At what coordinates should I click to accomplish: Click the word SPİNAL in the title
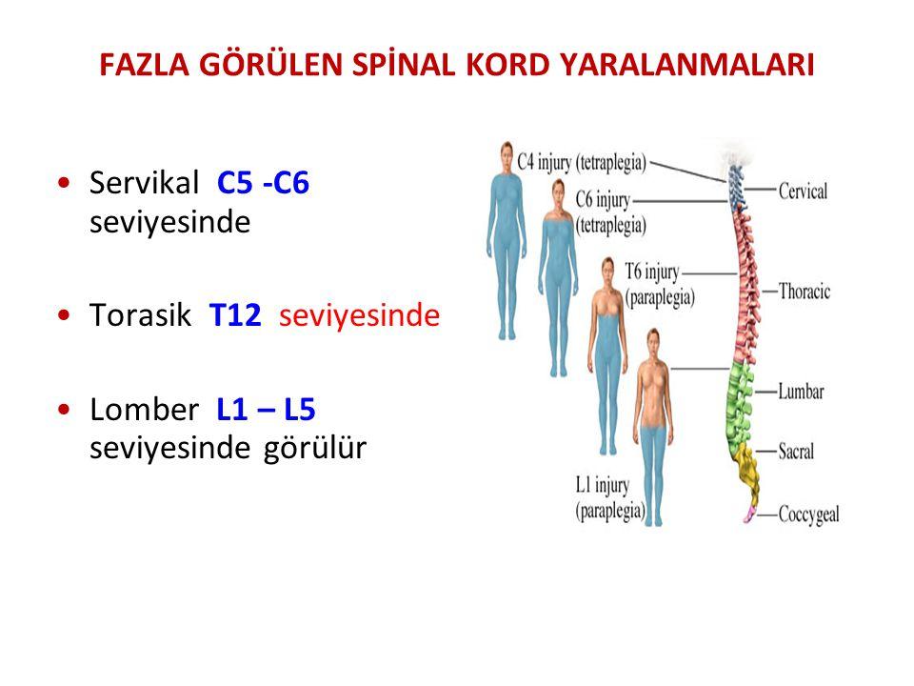(404, 64)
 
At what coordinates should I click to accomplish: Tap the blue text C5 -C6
(263, 183)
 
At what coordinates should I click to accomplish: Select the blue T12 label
(235, 315)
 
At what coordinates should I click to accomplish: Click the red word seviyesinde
(359, 315)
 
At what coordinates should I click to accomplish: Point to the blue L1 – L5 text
(266, 410)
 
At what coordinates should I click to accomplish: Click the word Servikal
(144, 183)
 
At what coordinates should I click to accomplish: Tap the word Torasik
(140, 315)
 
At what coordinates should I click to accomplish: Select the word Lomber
(144, 410)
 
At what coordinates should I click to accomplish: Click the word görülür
(315, 449)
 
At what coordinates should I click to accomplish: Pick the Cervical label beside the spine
(803, 191)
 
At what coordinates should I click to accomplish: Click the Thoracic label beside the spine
(805, 291)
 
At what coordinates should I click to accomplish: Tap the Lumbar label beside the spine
(801, 391)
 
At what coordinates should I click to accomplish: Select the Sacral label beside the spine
(796, 451)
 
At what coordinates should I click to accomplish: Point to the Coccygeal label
(808, 514)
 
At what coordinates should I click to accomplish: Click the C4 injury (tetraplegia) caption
(582, 162)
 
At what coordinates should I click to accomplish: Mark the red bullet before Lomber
(64, 409)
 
